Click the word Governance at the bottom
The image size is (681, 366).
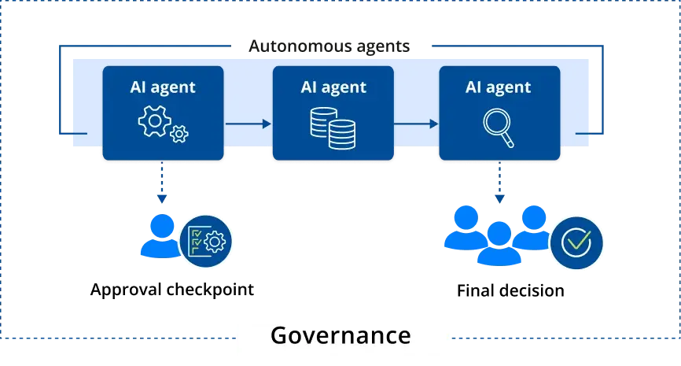tap(340, 336)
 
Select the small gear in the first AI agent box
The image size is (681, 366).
tap(179, 134)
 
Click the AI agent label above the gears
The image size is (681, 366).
tap(163, 87)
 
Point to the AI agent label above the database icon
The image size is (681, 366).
tap(333, 87)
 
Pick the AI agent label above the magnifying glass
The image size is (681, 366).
tap(499, 87)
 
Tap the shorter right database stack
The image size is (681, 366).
tap(342, 135)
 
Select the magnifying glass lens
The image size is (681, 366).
tap(495, 122)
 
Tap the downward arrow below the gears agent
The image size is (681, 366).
tap(161, 186)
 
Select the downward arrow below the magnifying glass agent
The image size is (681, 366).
tap(499, 186)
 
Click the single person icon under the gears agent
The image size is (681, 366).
tap(160, 236)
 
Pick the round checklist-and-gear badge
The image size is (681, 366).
tap(208, 240)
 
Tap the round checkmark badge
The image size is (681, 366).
tap(576, 242)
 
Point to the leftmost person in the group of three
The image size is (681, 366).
tap(463, 228)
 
